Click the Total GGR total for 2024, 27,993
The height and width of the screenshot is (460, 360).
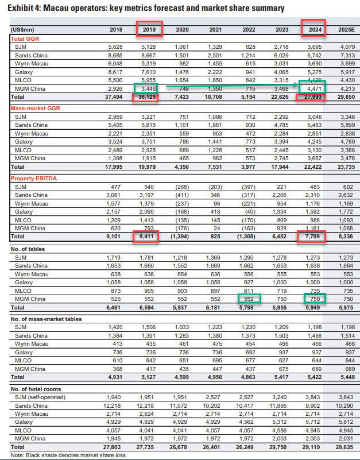312,98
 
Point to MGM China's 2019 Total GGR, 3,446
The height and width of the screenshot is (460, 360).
149,90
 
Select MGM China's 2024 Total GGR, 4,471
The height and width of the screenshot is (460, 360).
312,90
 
